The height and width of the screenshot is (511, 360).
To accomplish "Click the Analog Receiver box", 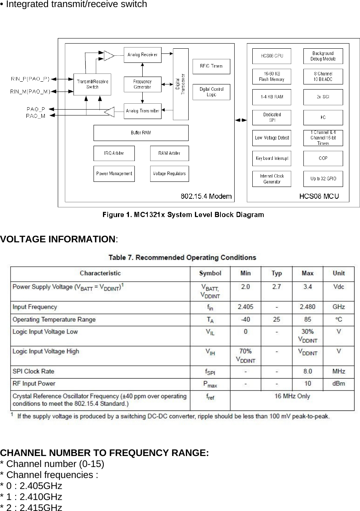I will pos(142,55).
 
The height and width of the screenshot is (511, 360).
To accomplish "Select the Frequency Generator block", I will pos(142,84).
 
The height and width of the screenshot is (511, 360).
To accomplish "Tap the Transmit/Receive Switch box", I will pos(92,84).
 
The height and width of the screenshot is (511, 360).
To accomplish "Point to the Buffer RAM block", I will pos(141,133).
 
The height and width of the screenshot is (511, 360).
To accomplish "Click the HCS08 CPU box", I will pos(272,56).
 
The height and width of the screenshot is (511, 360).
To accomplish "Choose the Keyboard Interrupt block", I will pos(272,158).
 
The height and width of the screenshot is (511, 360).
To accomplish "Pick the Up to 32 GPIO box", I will pos(323,179).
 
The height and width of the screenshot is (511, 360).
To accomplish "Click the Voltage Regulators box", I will pos(169,174).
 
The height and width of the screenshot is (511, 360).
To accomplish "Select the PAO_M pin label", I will pos(35,115).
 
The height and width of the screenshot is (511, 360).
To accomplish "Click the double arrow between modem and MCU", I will pos(241,120).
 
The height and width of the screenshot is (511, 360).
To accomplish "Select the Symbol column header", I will pos(210,273).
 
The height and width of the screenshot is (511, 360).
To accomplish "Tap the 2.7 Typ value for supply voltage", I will pos(277,287).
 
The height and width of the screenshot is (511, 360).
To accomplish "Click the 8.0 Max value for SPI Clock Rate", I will pos(307,371).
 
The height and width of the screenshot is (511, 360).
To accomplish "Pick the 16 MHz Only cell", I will pos(292,396).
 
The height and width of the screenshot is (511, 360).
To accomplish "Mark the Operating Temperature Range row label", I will pos(54,319).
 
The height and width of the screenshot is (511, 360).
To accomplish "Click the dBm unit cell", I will pos(338,383).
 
